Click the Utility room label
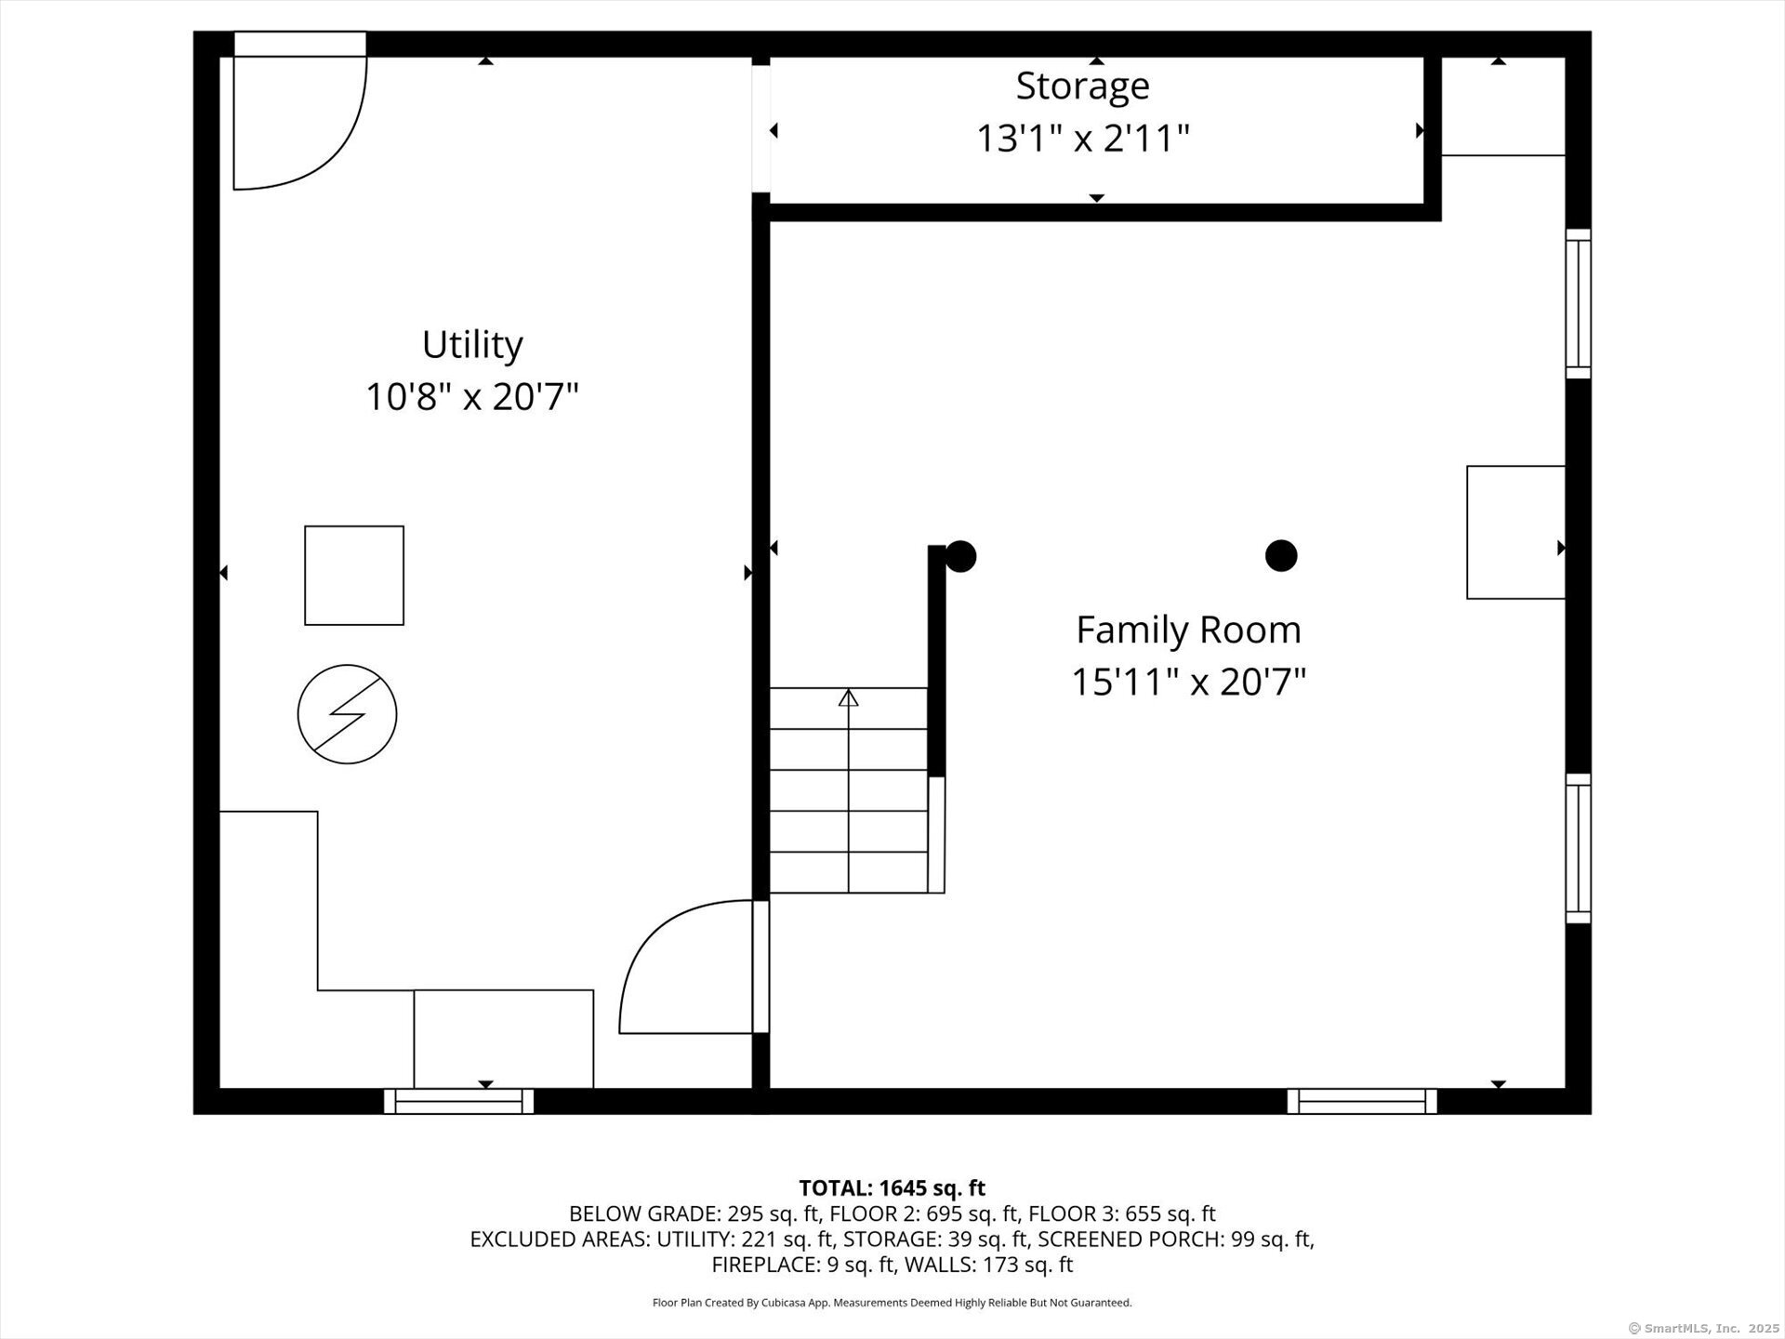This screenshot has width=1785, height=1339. click(472, 345)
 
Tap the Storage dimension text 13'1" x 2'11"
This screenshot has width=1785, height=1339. click(1082, 139)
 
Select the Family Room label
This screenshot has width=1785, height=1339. click(1188, 630)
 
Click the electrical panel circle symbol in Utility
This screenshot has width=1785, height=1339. click(347, 714)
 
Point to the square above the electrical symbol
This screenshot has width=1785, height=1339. click(354, 576)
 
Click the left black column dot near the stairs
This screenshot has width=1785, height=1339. click(960, 556)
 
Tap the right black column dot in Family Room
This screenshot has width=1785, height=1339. click(1281, 555)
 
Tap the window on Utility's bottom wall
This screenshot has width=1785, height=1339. click(458, 1102)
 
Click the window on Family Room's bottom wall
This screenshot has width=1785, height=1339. click(1362, 1102)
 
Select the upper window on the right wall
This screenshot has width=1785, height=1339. click(1578, 304)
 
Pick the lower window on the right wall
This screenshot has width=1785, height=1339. click(1578, 848)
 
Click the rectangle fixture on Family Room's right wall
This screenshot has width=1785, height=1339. click(1515, 532)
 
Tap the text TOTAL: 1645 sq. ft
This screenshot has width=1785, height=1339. click(892, 1187)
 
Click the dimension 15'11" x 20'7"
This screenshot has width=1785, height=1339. click(1188, 683)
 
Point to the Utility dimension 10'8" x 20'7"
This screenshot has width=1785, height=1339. click(472, 398)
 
